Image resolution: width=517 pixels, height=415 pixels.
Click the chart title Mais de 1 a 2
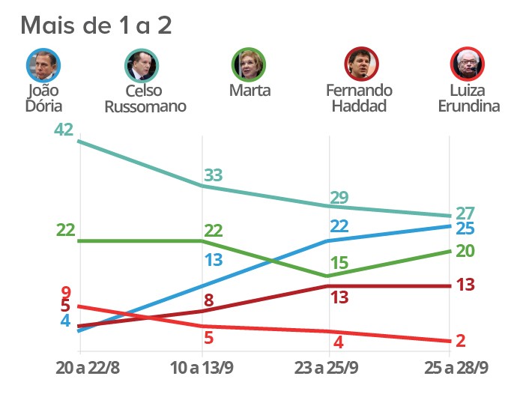[x=96, y=25]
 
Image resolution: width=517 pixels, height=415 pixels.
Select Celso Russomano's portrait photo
[x=142, y=66]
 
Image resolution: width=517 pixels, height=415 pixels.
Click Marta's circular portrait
[x=250, y=66]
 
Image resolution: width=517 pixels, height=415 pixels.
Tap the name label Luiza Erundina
[x=469, y=98]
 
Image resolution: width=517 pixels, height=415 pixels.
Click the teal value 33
[x=214, y=175]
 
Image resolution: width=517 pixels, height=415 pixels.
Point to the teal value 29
[x=339, y=198]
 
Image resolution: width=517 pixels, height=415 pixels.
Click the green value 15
[x=339, y=264]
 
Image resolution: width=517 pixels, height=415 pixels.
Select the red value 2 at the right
[x=461, y=341]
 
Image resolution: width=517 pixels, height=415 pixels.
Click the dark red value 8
[x=209, y=301]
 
